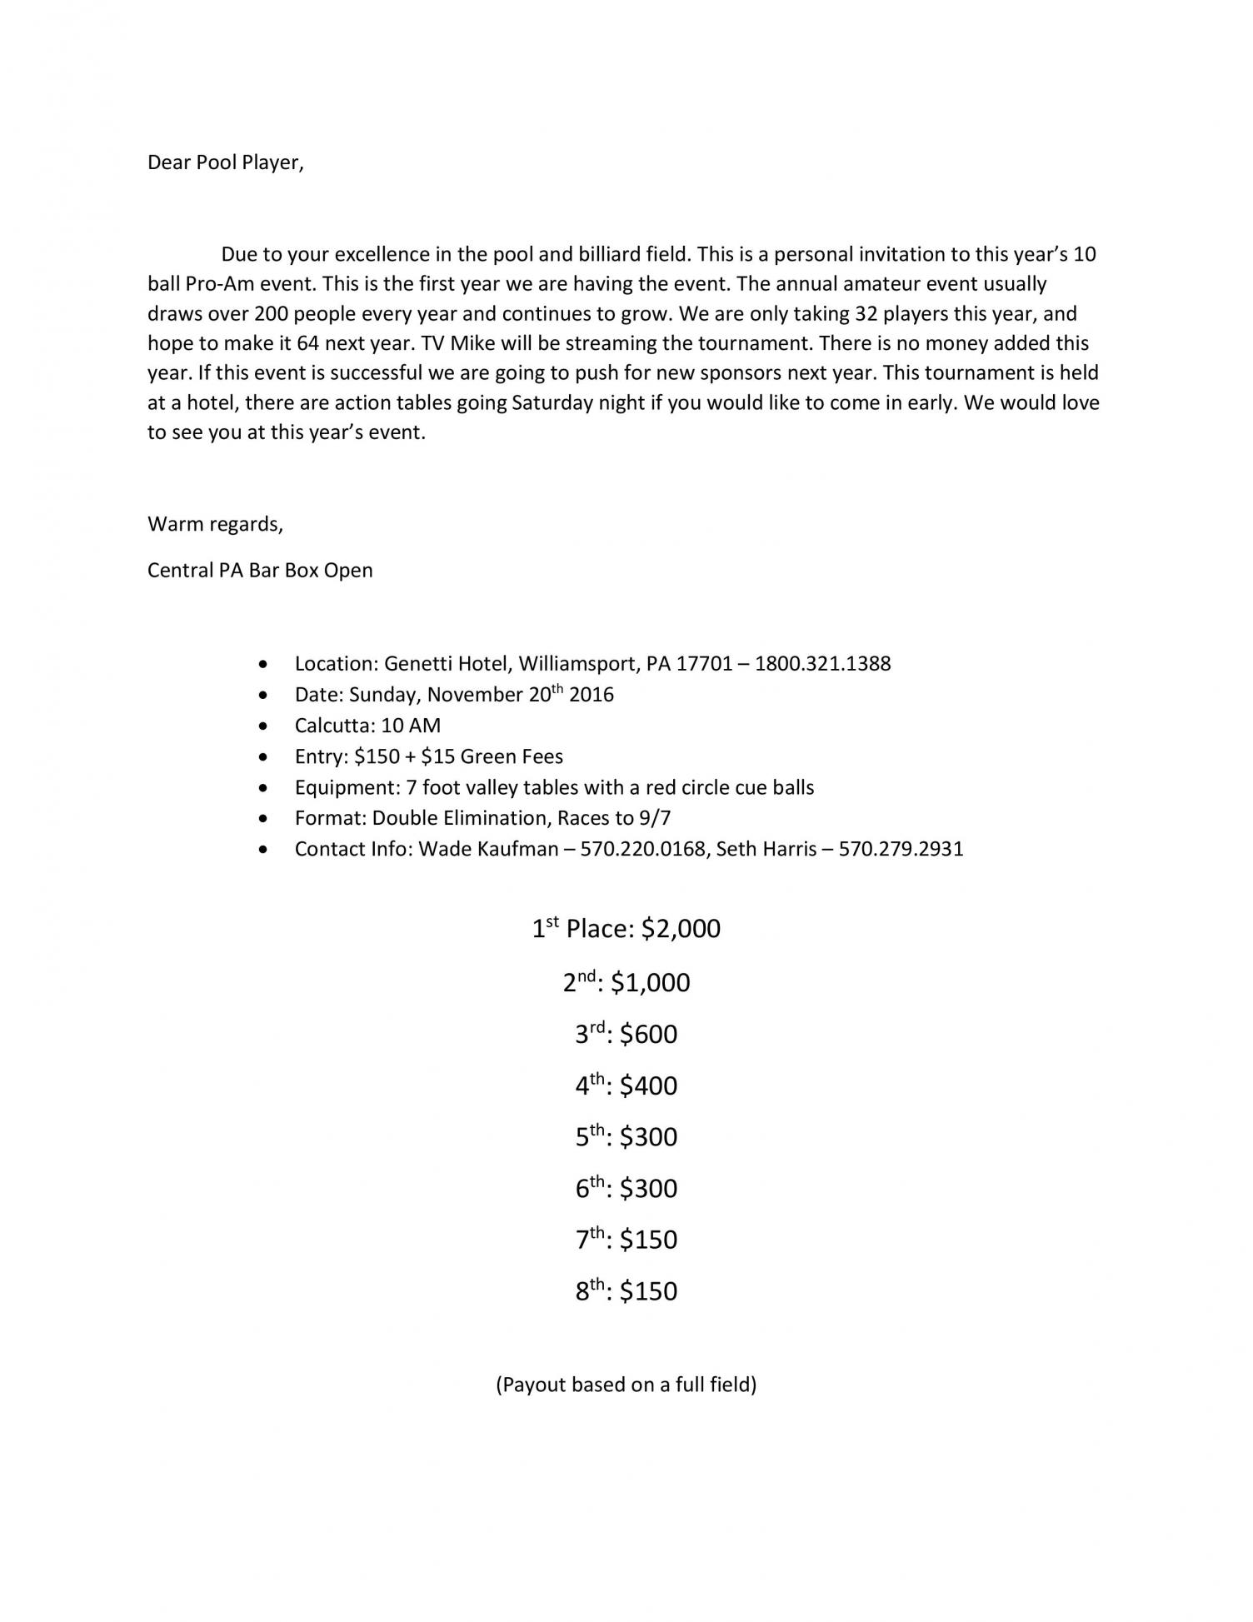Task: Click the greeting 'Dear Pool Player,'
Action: [x=226, y=162]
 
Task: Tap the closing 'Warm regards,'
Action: [x=215, y=524]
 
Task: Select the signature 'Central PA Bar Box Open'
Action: [x=260, y=571]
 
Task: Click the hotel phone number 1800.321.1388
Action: [x=822, y=664]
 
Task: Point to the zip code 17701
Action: [x=704, y=664]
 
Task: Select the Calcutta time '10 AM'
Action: [x=411, y=726]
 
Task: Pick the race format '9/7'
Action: [x=655, y=818]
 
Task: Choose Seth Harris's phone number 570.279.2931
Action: [x=901, y=849]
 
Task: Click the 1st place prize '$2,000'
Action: [x=681, y=929]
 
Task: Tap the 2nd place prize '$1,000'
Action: [x=650, y=983]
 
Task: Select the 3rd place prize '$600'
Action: [x=648, y=1035]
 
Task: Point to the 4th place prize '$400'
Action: [x=648, y=1086]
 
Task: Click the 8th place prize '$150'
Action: [x=648, y=1291]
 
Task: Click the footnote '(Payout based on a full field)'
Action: [x=626, y=1385]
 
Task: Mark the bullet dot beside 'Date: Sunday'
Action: [x=264, y=695]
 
